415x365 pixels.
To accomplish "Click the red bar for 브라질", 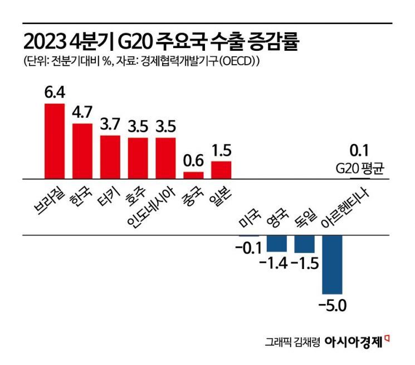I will (x=55, y=141).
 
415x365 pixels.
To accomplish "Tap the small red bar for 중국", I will (x=193, y=175).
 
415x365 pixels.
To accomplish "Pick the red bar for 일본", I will (x=221, y=170).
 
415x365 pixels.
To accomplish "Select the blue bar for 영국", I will (x=277, y=243).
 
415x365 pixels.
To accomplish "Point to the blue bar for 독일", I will (x=304, y=244).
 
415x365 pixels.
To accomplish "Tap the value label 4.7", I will (x=82, y=113).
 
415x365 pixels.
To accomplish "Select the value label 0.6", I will (x=193, y=161).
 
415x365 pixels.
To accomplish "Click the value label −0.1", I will (x=247, y=248).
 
